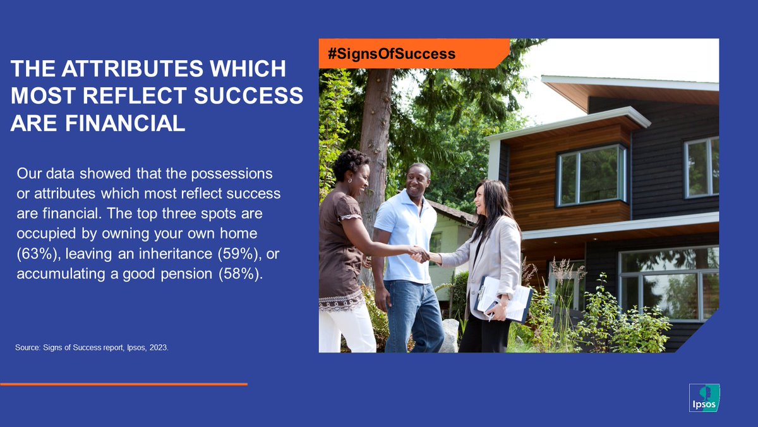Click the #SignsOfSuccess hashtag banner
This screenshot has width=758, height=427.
pyautogui.click(x=392, y=54)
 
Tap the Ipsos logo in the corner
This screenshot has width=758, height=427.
pyautogui.click(x=704, y=398)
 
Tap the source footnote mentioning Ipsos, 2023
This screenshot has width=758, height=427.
pyautogui.click(x=92, y=347)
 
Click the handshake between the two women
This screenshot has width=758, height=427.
pyautogui.click(x=419, y=254)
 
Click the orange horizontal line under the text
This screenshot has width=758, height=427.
pyautogui.click(x=123, y=384)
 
